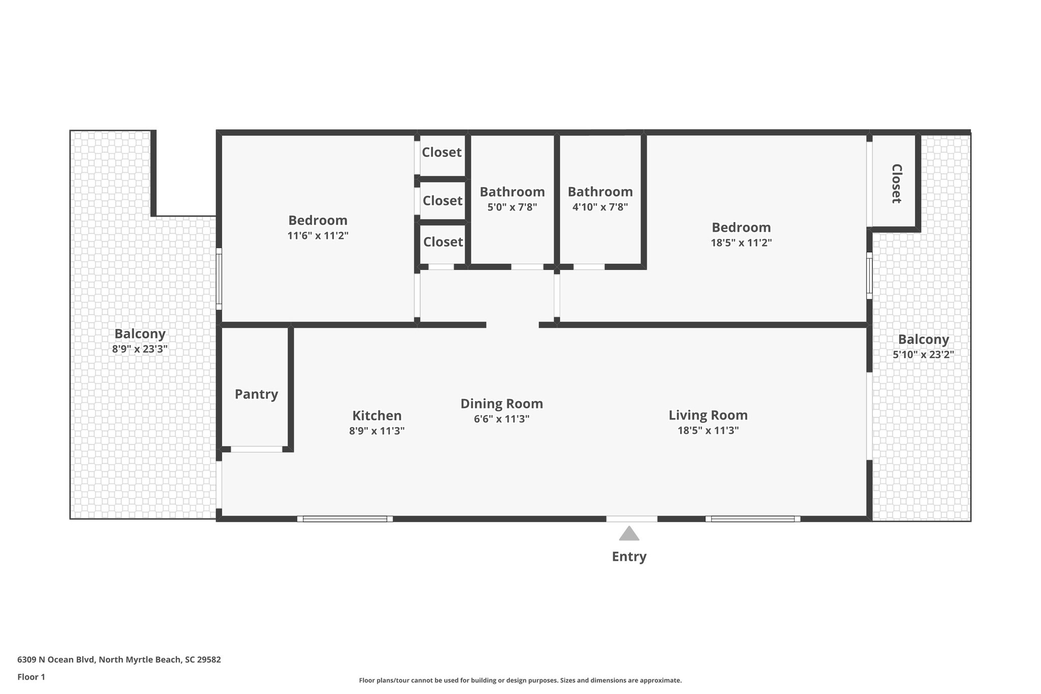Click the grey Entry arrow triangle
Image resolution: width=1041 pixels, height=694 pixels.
629,534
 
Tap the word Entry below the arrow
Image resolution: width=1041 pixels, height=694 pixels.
629,556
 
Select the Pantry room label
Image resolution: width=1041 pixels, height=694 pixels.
256,394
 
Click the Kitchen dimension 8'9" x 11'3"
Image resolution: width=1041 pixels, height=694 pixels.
377,431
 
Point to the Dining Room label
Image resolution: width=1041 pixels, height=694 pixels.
502,404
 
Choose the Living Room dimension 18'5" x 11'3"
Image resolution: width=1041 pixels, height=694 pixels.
708,430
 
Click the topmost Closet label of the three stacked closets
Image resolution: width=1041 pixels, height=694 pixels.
442,152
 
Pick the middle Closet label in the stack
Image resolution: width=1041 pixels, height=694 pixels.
442,200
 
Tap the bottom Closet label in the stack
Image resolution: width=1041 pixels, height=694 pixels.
443,242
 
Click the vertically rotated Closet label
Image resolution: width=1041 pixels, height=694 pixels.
896,184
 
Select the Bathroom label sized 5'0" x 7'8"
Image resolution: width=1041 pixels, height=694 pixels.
512,192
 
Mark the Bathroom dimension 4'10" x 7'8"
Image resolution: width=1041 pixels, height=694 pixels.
600,207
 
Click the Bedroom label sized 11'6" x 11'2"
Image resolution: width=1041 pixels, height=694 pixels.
318,220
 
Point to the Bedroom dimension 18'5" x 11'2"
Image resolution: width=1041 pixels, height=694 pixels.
741,243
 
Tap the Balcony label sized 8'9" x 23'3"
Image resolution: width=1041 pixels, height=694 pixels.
140,334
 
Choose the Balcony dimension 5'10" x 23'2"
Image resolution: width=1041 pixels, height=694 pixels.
923,354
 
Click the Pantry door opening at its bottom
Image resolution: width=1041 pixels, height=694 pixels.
257,449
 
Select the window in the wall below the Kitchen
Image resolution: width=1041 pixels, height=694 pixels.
345,519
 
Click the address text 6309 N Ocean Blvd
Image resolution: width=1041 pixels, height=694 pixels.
56,659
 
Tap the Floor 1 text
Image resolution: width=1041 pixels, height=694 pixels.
31,677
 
